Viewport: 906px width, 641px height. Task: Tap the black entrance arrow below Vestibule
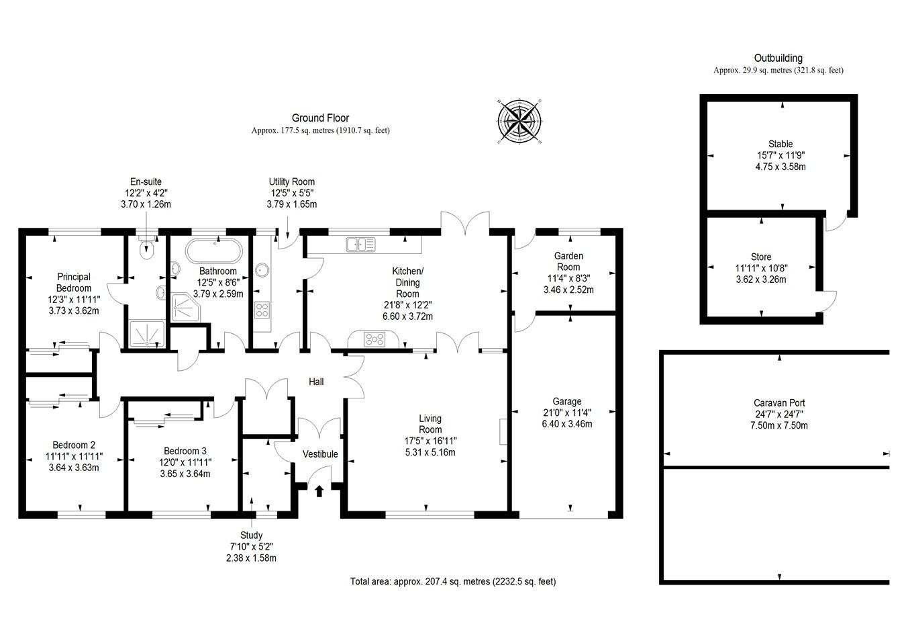coord(319,490)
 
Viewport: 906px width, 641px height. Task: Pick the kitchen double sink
coord(360,245)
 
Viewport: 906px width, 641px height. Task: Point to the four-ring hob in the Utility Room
coord(262,310)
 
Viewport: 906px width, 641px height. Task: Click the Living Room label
coord(430,425)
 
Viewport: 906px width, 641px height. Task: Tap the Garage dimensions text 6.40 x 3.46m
coord(567,424)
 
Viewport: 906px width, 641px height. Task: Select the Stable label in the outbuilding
coord(781,144)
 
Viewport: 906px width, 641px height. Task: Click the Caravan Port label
coord(779,403)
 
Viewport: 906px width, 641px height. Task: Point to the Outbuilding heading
coord(778,58)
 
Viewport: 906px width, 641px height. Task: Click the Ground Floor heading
coord(320,118)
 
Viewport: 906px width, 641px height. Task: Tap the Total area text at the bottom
coord(452,582)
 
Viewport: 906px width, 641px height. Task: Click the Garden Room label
coord(568,261)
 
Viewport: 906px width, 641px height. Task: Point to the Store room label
coord(761,257)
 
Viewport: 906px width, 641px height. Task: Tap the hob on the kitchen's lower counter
coord(373,339)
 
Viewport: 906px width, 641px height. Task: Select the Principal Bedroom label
coord(74,282)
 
